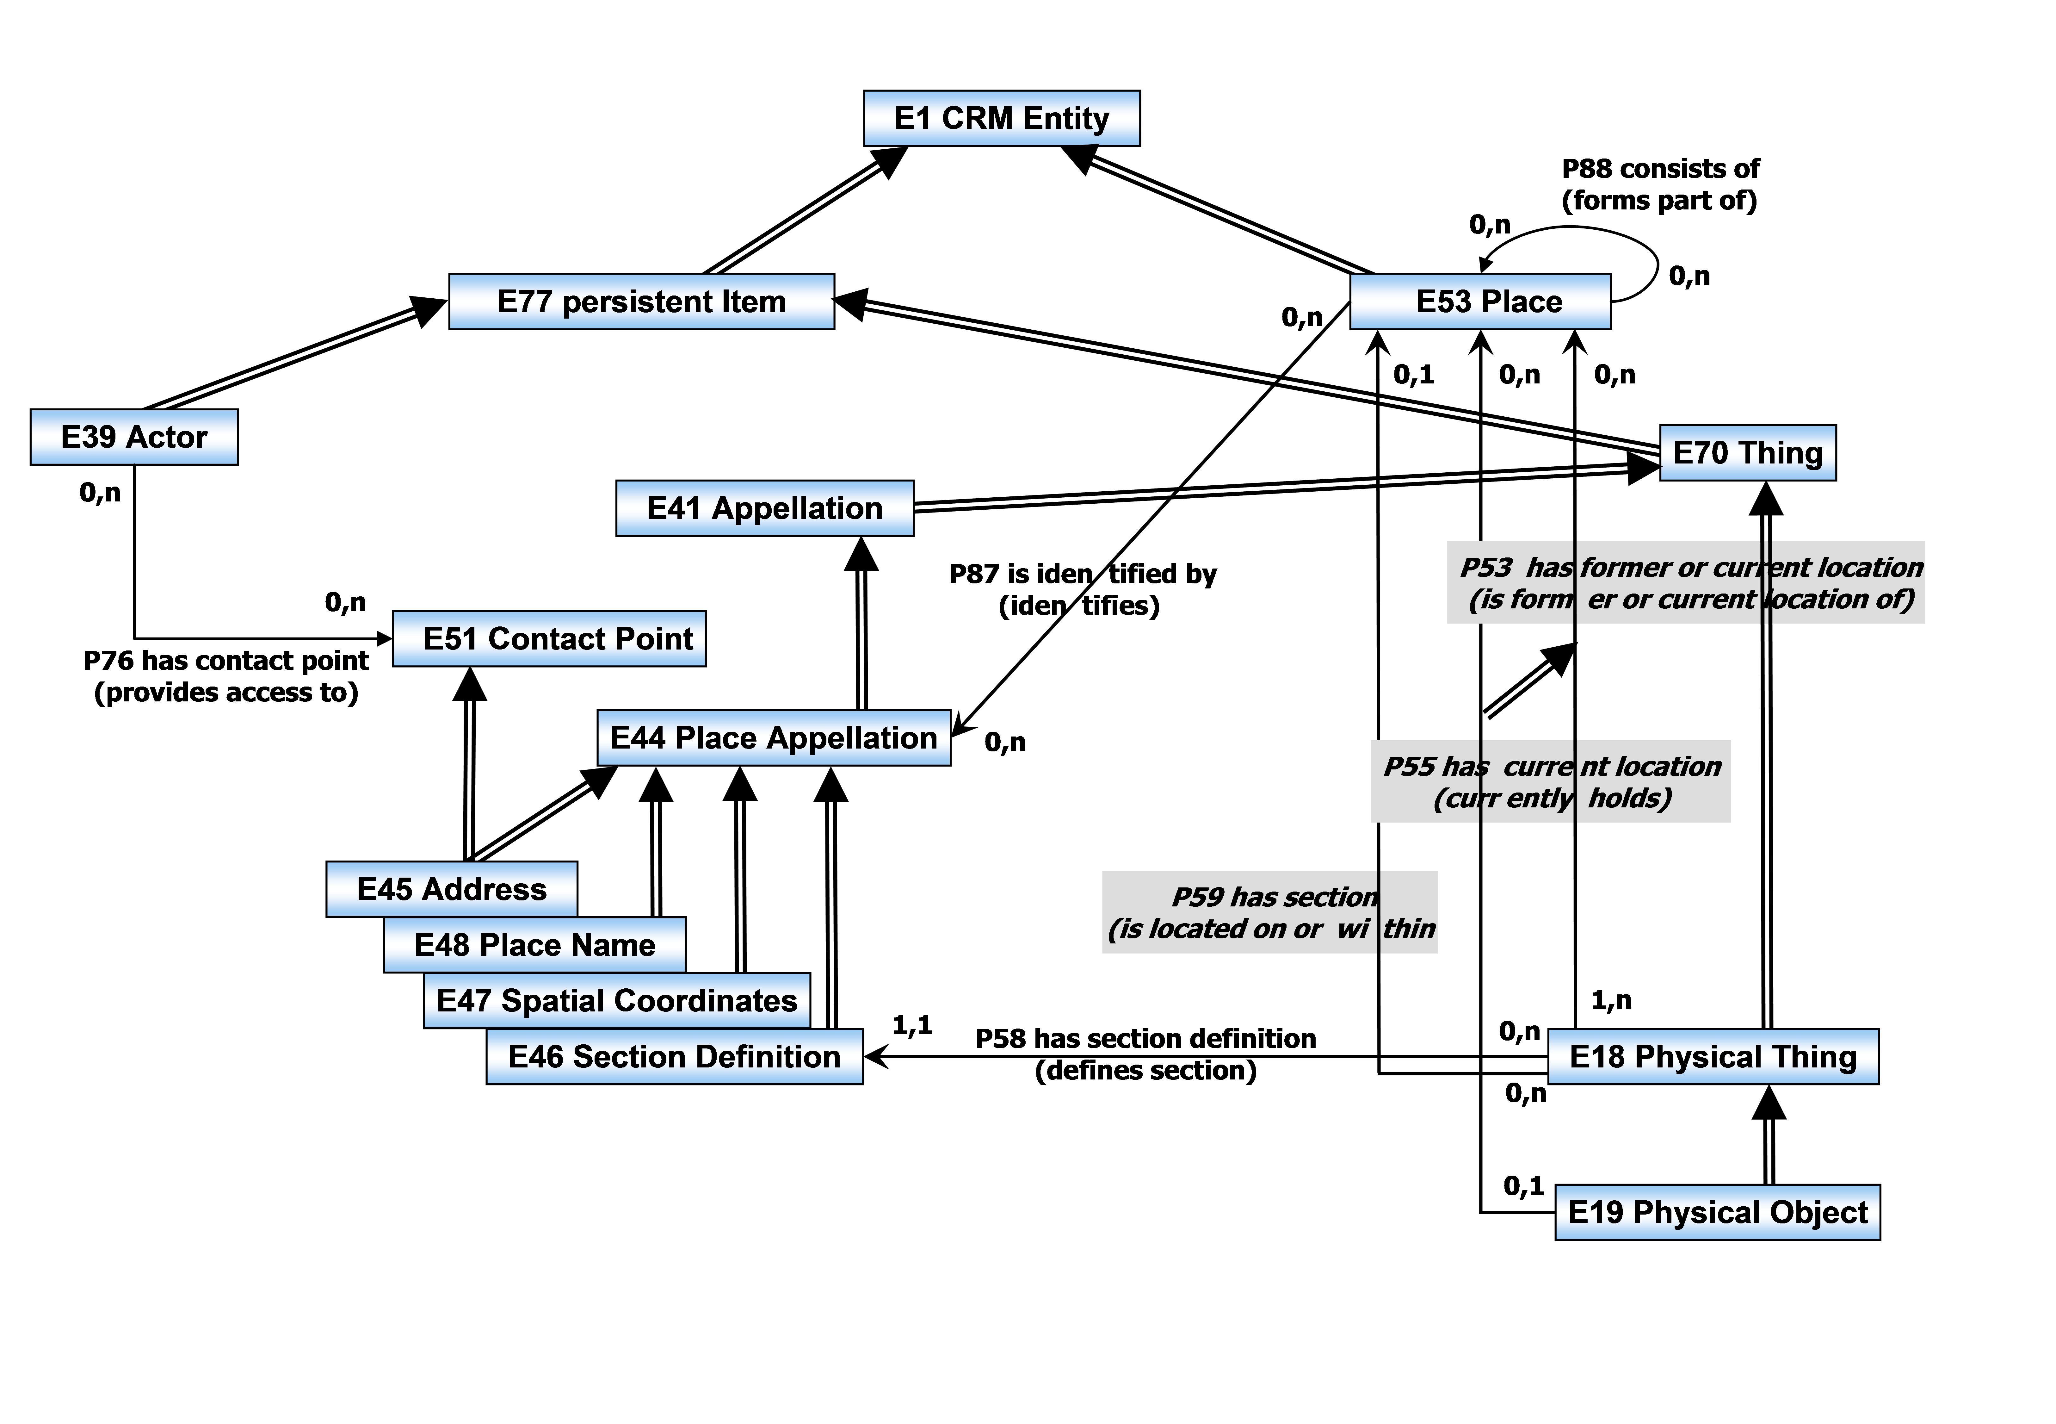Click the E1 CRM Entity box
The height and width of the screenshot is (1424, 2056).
click(1002, 118)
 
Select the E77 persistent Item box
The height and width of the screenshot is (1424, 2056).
click(641, 302)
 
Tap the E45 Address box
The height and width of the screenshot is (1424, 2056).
click(451, 889)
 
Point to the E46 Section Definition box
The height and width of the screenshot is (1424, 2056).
click(674, 1056)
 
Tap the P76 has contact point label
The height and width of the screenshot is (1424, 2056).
click(226, 660)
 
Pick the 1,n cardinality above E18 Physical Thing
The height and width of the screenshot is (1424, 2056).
click(1611, 1000)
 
